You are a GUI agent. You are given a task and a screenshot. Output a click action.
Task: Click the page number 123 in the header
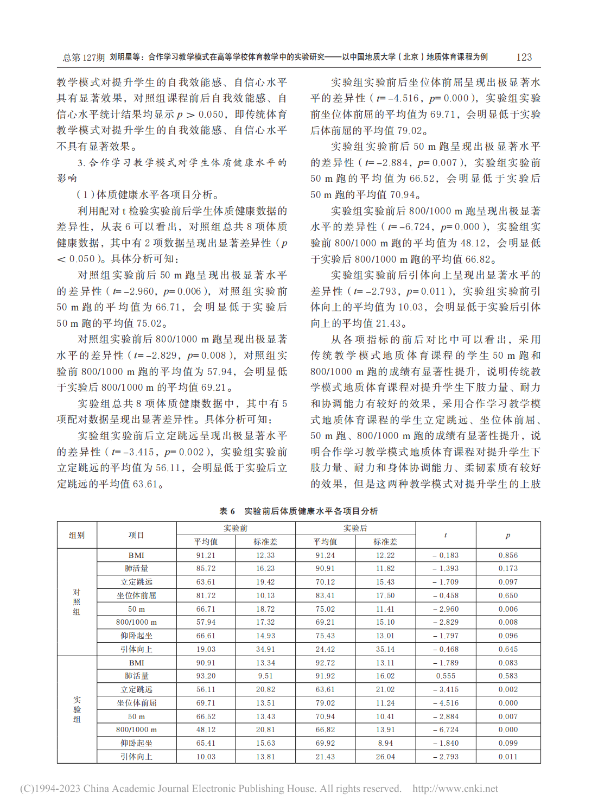click(x=524, y=57)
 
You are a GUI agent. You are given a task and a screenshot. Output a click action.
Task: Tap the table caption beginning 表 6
click(x=298, y=511)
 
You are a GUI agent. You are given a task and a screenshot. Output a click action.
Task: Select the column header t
click(x=446, y=535)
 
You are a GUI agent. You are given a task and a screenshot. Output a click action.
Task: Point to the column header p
click(x=508, y=535)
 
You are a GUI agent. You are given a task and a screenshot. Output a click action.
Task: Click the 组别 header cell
click(x=77, y=535)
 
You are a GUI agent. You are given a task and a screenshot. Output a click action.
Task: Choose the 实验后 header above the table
click(x=355, y=528)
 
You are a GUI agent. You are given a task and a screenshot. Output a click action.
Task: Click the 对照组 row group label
click(x=77, y=602)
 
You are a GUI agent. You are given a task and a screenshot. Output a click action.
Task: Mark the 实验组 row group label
click(x=77, y=709)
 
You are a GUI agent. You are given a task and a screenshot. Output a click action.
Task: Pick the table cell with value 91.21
click(x=206, y=555)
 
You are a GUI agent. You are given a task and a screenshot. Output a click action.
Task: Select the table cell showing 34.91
click(x=265, y=649)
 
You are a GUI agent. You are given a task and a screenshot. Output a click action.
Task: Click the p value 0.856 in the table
click(x=508, y=555)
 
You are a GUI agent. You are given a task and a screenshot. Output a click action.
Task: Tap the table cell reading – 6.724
click(x=446, y=729)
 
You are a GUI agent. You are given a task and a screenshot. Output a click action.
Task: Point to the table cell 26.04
click(x=385, y=757)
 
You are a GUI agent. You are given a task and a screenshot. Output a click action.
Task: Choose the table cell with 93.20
click(x=206, y=676)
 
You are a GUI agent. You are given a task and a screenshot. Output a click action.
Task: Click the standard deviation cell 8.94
click(x=385, y=743)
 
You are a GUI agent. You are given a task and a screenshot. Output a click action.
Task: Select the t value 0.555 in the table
click(x=446, y=676)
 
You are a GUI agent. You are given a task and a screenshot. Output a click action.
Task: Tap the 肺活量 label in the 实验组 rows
click(x=137, y=676)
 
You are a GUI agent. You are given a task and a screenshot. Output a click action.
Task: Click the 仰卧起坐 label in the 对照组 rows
click(x=137, y=636)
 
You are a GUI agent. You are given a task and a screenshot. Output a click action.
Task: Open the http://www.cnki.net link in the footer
click(x=455, y=789)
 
